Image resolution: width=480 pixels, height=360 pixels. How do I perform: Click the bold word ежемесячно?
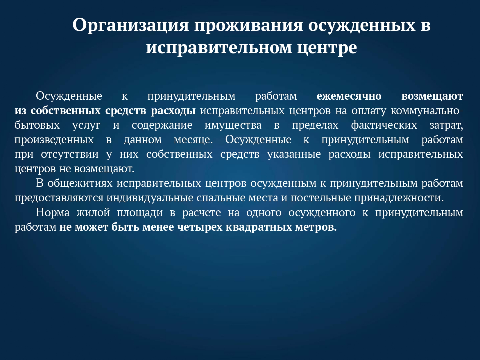click(349, 96)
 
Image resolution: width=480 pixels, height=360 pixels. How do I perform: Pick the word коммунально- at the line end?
click(427, 111)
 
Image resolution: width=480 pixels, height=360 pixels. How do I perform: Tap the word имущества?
click(233, 126)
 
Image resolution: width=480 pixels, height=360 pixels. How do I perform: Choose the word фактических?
click(384, 126)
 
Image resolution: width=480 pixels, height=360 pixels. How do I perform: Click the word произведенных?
click(54, 140)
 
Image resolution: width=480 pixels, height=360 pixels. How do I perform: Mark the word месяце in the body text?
click(193, 140)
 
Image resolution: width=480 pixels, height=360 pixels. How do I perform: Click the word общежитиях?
click(80, 183)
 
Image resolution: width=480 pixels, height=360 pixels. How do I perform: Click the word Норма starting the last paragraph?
click(53, 212)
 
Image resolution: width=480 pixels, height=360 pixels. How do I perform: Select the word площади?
click(140, 212)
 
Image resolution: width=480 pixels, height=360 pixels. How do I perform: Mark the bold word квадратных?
click(259, 227)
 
